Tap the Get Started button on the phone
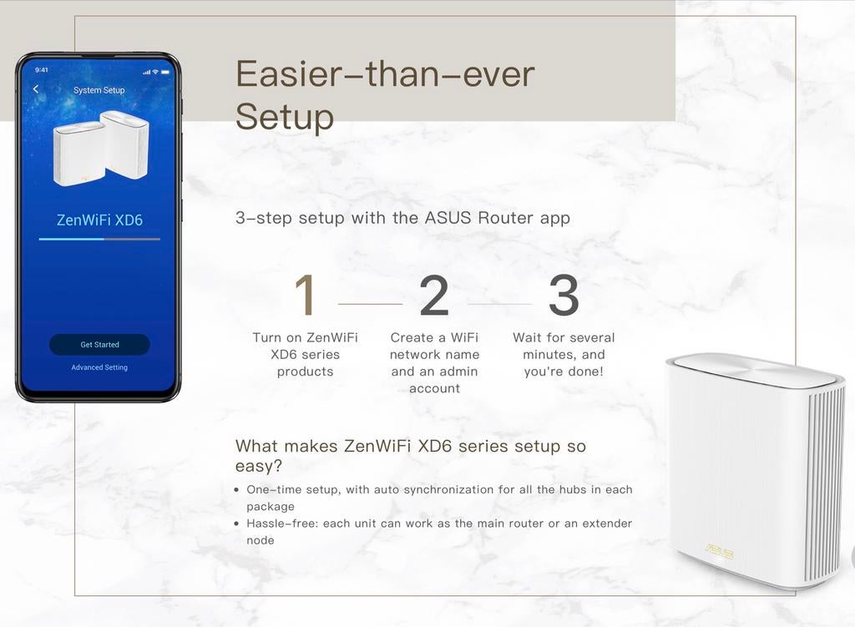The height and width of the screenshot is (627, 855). coord(99,344)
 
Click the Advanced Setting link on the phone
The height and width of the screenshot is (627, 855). coord(99,367)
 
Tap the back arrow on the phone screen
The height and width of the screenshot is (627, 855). coord(36,89)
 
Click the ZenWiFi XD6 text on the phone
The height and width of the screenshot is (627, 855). coord(99,220)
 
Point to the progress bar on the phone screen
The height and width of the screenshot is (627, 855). coord(99,239)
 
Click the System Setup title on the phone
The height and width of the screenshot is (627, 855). coord(99,90)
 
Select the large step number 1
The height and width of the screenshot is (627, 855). coord(305,296)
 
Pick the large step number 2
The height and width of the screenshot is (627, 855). coord(434,296)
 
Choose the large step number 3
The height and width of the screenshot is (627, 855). coord(564,296)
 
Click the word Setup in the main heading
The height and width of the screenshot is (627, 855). coord(285,117)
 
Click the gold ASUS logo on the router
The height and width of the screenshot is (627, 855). coord(719,549)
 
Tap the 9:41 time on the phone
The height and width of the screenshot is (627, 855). coord(42,70)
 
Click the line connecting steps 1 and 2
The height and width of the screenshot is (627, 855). coord(370,304)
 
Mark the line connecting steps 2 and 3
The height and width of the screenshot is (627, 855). coord(499,304)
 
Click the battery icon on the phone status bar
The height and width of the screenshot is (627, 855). coord(164,71)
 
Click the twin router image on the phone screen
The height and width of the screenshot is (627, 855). coord(101,148)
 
